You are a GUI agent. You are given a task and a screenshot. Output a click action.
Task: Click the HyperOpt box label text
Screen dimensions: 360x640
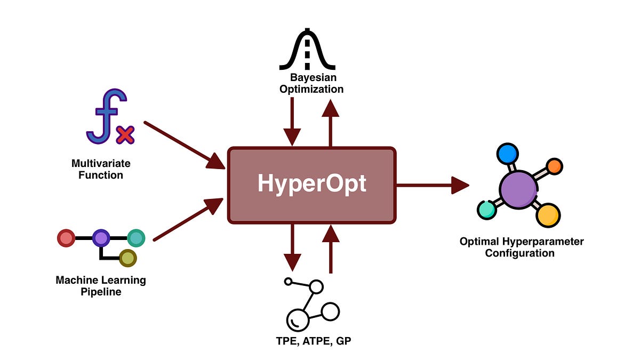coord(312,184)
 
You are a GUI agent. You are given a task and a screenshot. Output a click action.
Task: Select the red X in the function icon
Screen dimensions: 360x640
coord(125,134)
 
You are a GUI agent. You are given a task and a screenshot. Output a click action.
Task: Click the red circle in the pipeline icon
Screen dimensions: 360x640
coord(66,238)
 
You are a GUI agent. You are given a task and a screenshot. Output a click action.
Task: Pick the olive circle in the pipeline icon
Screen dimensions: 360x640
coord(127,258)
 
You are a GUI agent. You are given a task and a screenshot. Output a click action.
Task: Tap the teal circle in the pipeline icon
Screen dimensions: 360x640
coord(136,238)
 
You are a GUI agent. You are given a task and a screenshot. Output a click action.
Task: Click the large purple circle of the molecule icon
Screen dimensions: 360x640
coord(518,189)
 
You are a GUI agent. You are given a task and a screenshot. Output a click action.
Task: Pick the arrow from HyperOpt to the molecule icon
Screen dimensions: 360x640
coord(432,185)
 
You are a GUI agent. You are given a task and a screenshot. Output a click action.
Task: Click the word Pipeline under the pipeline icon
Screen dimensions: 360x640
coord(101,292)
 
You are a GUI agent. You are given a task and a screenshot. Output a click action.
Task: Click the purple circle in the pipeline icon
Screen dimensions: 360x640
coord(101,238)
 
